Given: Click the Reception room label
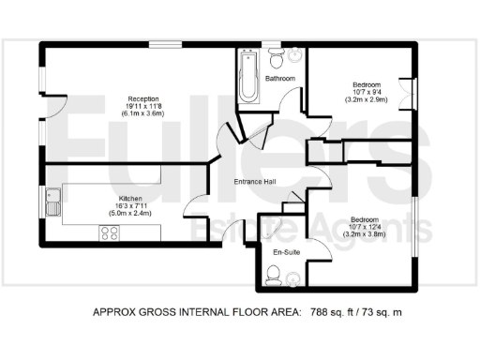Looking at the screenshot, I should coord(143,98).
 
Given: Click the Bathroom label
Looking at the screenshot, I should coord(280,79).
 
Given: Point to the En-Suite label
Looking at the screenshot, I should coord(285,253).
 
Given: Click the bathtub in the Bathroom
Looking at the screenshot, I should coord(248,76).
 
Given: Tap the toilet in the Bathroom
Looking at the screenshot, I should coord(277,59).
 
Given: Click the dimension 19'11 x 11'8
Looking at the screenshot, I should coord(143,106).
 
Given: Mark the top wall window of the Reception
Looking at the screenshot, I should coord(168,44).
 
